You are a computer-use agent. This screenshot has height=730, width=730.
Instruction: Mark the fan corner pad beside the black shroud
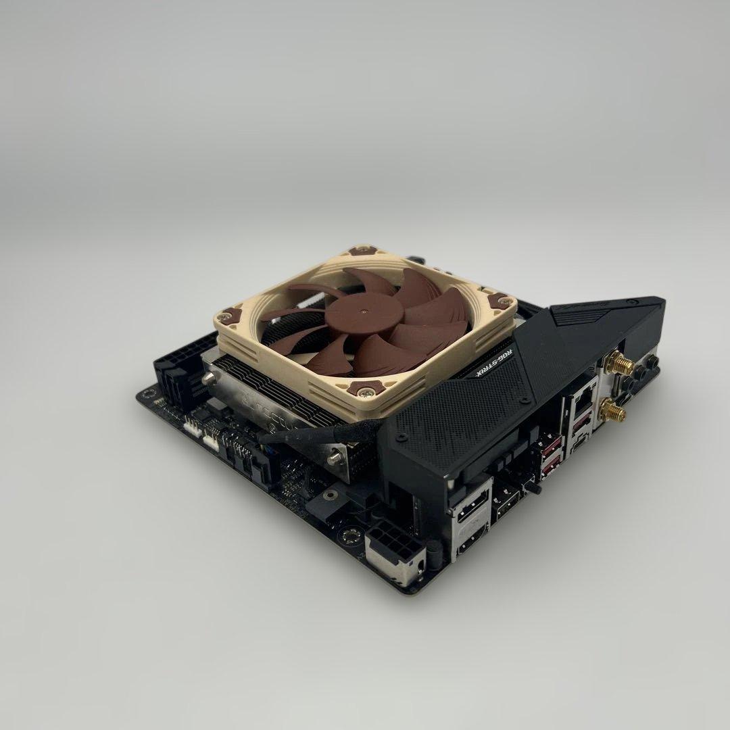click(501, 301)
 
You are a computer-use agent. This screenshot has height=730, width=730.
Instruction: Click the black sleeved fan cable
click(318, 433)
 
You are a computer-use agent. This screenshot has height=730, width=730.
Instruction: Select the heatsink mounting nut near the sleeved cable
click(334, 459)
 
